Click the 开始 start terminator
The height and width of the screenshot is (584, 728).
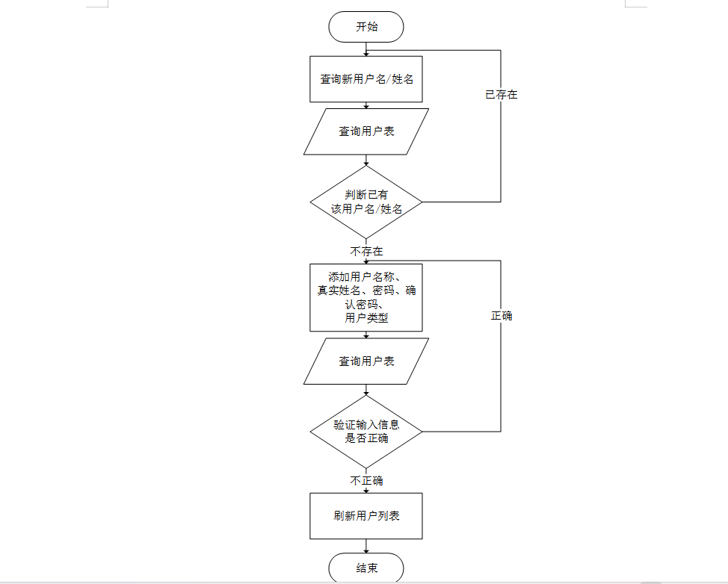366,28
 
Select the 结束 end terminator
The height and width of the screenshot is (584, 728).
366,568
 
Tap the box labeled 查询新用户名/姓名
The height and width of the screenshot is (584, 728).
366,78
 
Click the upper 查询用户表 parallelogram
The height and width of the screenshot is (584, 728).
366,131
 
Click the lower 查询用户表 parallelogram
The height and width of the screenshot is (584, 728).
366,361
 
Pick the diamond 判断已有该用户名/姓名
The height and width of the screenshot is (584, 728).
366,202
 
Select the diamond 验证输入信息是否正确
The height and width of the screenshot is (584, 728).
366,432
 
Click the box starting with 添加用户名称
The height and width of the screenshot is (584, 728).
366,296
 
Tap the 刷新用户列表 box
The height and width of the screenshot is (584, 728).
366,515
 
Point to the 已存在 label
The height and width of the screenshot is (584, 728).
501,95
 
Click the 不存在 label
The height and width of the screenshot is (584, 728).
366,252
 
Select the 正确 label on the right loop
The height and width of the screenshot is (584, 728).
501,316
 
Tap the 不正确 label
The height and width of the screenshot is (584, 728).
366,481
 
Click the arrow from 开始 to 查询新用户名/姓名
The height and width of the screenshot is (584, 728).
366,49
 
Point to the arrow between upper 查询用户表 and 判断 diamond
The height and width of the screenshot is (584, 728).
366,160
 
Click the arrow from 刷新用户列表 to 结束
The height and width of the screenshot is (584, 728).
366,546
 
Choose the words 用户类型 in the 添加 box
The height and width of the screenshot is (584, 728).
366,318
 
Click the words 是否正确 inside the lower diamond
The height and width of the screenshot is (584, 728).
366,438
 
